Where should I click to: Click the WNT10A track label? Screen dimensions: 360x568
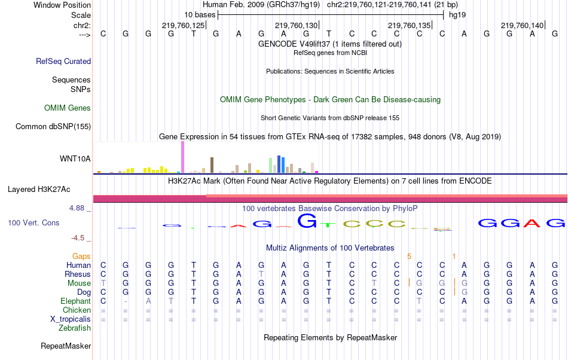(x=75, y=158)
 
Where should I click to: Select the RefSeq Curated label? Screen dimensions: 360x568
(x=63, y=61)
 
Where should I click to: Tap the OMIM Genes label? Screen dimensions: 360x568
(x=68, y=108)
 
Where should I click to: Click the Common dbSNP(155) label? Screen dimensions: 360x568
(x=53, y=126)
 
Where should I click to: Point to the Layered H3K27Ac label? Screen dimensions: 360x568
(x=39, y=190)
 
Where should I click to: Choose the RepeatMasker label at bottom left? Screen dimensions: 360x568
(x=66, y=346)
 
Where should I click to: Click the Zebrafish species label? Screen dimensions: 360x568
(x=75, y=328)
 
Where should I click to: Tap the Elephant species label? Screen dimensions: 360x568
(x=75, y=301)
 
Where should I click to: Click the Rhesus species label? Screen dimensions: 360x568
(x=78, y=274)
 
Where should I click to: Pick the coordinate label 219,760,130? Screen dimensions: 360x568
(x=296, y=25)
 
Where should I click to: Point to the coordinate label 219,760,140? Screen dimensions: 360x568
(x=523, y=25)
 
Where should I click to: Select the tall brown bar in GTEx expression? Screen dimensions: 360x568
(x=212, y=164)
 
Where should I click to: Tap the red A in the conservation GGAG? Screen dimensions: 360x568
(x=532, y=223)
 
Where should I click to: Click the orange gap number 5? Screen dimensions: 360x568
(x=410, y=256)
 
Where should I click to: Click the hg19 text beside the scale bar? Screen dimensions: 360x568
(x=457, y=14)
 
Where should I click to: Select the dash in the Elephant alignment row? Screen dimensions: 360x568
(x=126, y=301)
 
